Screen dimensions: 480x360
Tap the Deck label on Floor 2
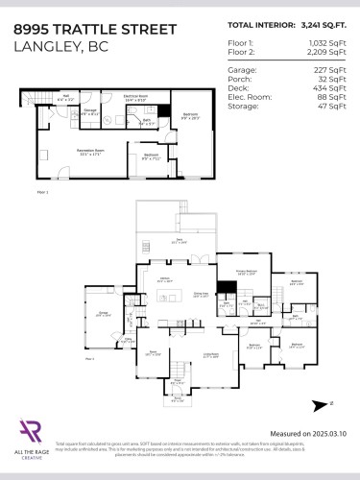(177, 242)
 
